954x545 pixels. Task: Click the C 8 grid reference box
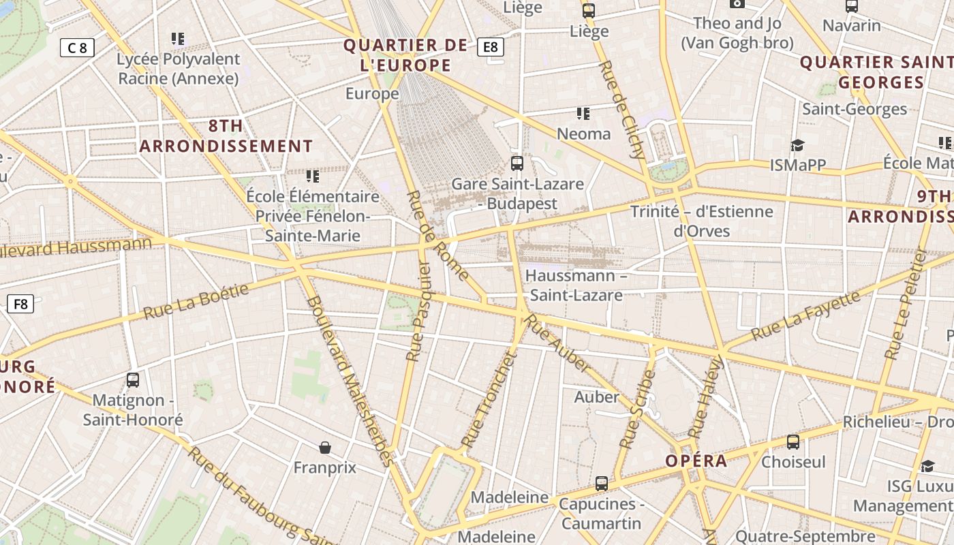click(77, 48)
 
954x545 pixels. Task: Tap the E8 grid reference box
click(491, 47)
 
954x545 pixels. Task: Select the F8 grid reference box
click(20, 304)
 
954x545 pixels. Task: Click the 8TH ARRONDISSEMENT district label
click(226, 136)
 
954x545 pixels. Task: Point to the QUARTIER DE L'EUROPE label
click(406, 55)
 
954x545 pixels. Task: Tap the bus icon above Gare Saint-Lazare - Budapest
click(517, 163)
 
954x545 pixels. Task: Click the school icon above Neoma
click(583, 114)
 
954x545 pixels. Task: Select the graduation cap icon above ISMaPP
click(797, 145)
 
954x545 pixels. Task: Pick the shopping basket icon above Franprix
click(325, 448)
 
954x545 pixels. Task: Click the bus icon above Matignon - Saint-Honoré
click(133, 380)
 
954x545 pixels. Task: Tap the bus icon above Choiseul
click(793, 442)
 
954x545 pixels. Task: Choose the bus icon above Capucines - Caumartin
click(601, 484)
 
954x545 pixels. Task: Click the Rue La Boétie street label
click(196, 302)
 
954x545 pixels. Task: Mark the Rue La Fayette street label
click(805, 317)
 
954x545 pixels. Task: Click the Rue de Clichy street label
click(621, 110)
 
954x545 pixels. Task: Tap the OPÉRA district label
click(696, 461)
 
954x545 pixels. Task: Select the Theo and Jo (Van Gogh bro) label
click(737, 33)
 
